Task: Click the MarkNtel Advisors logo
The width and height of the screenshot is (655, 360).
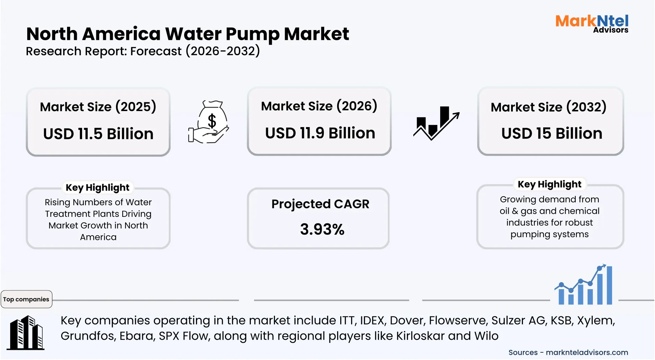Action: click(592, 23)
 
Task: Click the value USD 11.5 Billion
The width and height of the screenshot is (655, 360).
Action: click(98, 134)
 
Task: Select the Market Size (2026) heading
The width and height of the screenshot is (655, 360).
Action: click(319, 106)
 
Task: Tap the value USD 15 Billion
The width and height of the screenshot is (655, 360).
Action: click(552, 133)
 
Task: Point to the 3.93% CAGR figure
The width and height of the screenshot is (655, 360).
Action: click(322, 229)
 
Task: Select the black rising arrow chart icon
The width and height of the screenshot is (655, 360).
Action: click(436, 123)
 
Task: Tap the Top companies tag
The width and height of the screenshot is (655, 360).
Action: click(26, 299)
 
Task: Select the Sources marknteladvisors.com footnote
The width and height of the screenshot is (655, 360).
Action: click(568, 352)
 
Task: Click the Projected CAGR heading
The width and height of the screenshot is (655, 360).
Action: click(320, 204)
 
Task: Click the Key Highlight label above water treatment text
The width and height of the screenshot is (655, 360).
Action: click(97, 188)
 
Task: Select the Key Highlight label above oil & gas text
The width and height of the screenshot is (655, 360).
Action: click(550, 184)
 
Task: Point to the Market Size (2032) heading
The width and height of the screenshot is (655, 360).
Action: click(548, 107)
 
